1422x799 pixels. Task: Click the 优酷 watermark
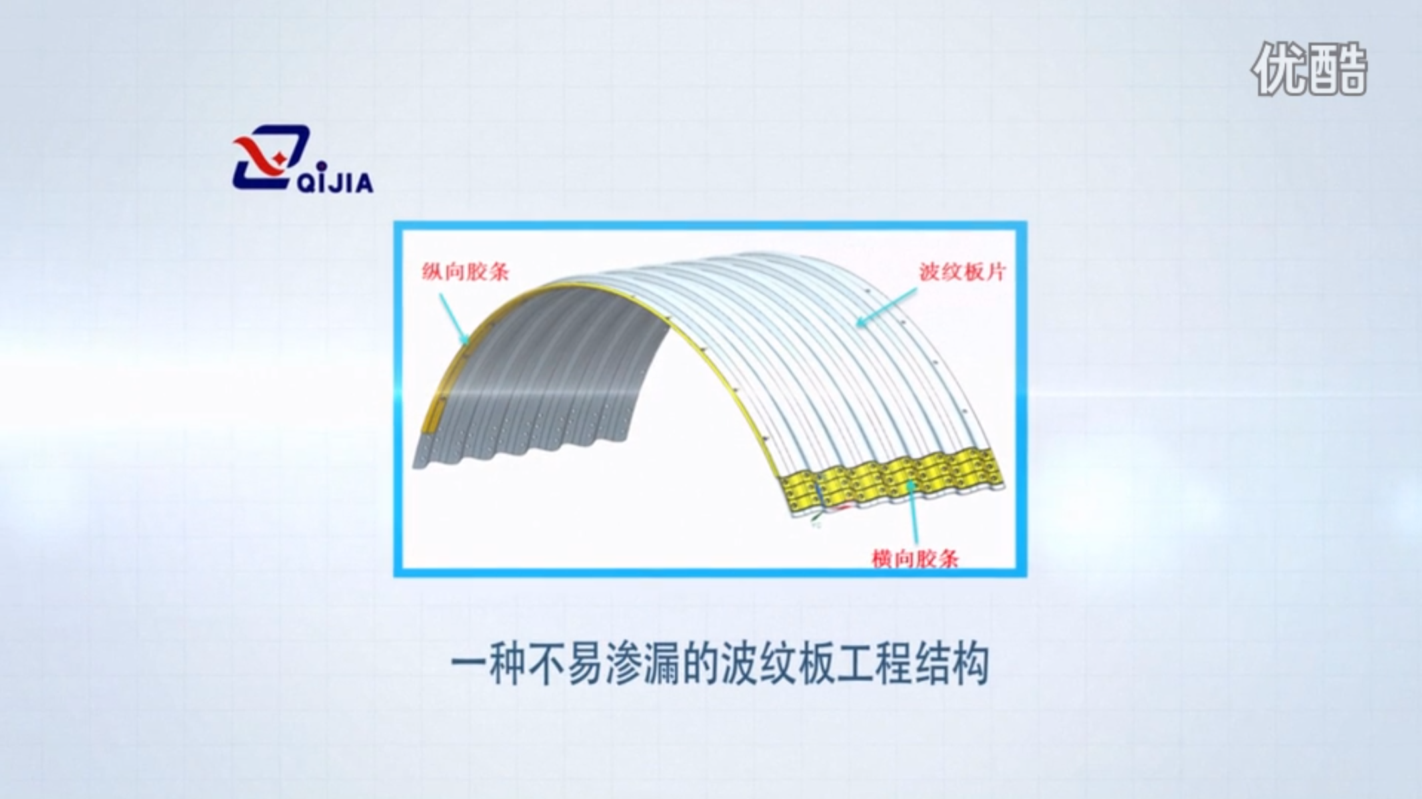[x=1309, y=69]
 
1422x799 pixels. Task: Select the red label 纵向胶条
[x=465, y=271]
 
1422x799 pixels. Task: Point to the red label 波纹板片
[x=963, y=271]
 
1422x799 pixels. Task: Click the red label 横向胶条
[x=915, y=558]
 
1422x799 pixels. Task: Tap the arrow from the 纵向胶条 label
[x=454, y=319]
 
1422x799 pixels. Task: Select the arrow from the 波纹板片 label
[x=887, y=307]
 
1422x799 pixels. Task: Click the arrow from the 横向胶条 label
[x=911, y=513]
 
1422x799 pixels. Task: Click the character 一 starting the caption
[x=468, y=663]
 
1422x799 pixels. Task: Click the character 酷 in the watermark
[x=1339, y=69]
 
